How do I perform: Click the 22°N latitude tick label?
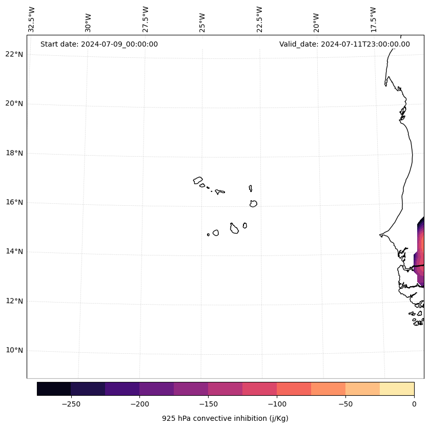(x=14, y=54)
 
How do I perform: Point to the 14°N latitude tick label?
(x=14, y=251)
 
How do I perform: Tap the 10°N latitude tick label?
(x=14, y=350)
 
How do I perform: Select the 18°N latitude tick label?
(x=14, y=153)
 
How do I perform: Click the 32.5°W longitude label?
(x=31, y=20)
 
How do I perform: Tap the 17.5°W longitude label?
(x=373, y=20)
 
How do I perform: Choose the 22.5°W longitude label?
(x=259, y=20)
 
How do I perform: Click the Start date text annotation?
(x=99, y=44)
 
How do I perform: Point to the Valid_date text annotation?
(x=344, y=44)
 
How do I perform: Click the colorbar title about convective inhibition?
(x=225, y=418)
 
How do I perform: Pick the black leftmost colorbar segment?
(x=54, y=389)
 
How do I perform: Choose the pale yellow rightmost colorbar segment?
(x=397, y=389)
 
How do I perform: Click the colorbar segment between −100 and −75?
(x=294, y=389)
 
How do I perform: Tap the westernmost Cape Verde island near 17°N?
(x=198, y=180)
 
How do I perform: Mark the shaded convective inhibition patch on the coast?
(x=420, y=251)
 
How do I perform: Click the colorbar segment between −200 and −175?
(x=156, y=389)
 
